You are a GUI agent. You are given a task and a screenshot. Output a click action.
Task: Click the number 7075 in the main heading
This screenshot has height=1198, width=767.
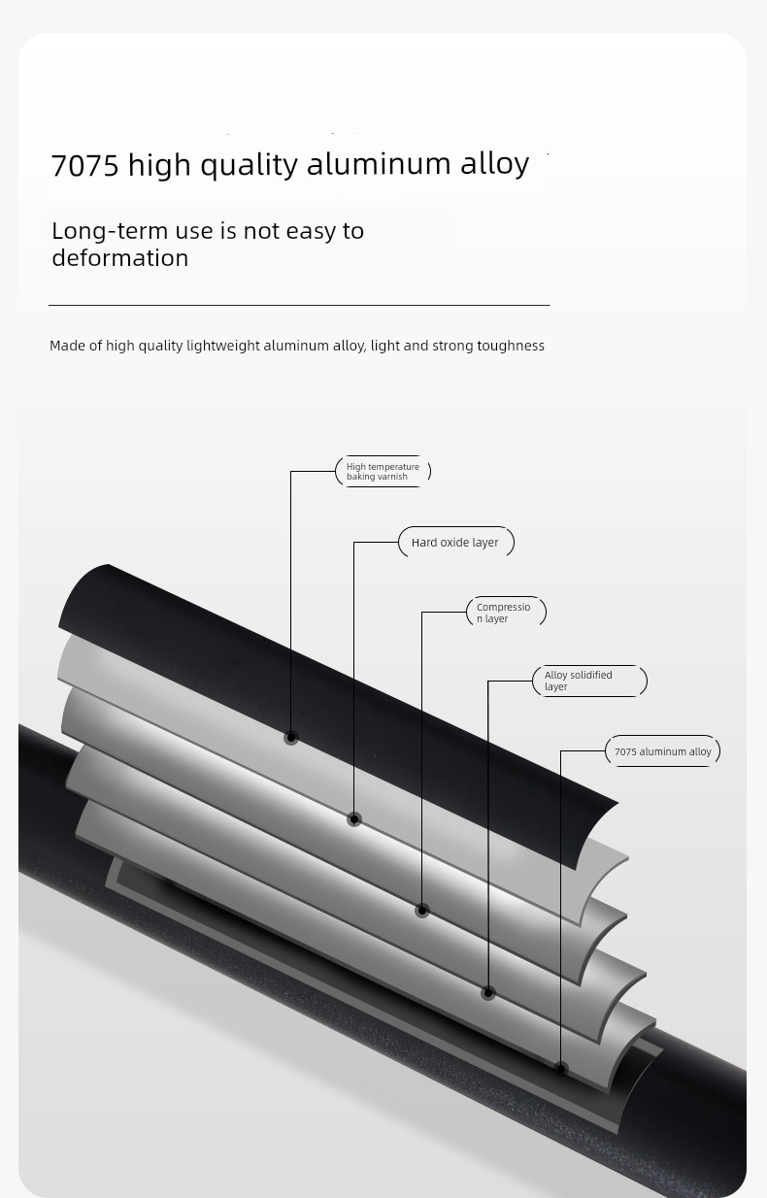click(84, 164)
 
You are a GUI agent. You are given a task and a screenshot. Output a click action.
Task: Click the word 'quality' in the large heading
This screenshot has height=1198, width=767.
click(249, 166)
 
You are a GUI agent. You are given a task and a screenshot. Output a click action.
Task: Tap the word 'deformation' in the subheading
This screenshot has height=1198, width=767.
click(120, 258)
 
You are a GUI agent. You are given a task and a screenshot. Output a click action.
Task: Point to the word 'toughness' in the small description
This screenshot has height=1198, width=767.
click(511, 346)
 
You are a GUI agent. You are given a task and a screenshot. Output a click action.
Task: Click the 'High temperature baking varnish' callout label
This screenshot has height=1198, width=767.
click(383, 471)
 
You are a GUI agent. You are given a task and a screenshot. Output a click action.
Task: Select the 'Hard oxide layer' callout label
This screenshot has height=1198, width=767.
click(456, 543)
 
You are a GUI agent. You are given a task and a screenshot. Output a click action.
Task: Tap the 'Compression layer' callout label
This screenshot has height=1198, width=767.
click(506, 613)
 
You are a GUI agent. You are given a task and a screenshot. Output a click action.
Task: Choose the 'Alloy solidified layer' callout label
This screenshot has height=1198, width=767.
click(589, 681)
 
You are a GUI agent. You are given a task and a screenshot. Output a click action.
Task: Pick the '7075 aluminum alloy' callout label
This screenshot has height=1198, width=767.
click(663, 751)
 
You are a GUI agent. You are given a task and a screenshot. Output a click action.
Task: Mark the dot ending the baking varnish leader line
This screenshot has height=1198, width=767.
click(291, 738)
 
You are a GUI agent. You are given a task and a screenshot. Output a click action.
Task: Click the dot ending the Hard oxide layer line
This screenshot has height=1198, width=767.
click(354, 819)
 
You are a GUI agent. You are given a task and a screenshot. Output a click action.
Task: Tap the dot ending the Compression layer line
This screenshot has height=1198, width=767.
click(422, 911)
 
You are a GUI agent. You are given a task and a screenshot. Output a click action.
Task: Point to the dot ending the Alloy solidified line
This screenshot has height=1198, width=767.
click(487, 993)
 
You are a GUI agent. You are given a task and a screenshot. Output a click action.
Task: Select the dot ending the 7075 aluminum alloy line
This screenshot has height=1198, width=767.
click(560, 1069)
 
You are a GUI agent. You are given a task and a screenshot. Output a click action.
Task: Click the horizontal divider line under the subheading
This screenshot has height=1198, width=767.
click(299, 306)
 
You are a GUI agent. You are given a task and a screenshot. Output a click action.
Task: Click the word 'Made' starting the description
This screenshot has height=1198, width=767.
click(67, 346)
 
